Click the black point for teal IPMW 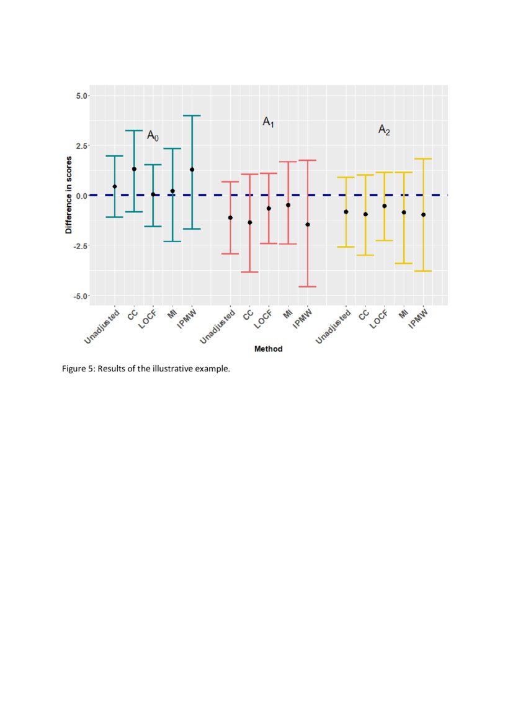[192, 170]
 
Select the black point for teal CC [134, 169]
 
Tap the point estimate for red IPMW [308, 224]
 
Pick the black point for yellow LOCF [385, 206]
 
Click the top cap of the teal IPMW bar [192, 116]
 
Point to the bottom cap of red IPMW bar [308, 286]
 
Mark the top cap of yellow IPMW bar [423, 159]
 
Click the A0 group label [153, 135]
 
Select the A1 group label [268, 122]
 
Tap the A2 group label [384, 130]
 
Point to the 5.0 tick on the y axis [81, 96]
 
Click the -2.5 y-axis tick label [80, 246]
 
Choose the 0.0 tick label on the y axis [81, 196]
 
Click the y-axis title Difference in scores [69, 195]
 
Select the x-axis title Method [268, 349]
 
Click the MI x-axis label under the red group [288, 314]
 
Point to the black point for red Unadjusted [230, 217]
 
